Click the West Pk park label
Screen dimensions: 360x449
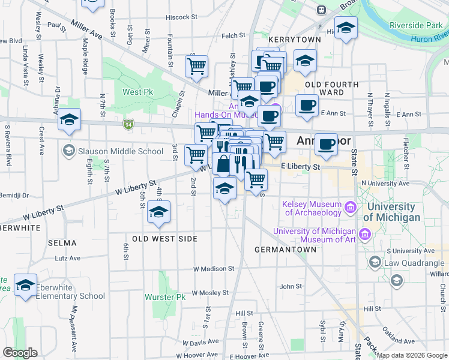[137, 92]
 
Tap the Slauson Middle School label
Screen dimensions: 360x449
[121, 151]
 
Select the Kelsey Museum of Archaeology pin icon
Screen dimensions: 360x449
[350, 208]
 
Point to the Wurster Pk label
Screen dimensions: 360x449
[172, 297]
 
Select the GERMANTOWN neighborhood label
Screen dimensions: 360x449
[285, 249]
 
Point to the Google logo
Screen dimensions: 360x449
[20, 353]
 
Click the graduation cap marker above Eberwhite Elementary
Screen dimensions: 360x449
[26, 286]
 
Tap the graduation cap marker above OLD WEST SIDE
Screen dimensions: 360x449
[158, 212]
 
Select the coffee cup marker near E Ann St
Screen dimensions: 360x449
[307, 105]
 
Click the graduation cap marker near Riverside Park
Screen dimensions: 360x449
[346, 28]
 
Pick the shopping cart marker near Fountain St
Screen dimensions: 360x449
[196, 67]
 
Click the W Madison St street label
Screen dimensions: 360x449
[212, 269]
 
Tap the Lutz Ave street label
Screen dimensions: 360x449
[67, 258]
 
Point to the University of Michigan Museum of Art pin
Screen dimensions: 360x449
[364, 233]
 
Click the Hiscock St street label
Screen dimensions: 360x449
[178, 17]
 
